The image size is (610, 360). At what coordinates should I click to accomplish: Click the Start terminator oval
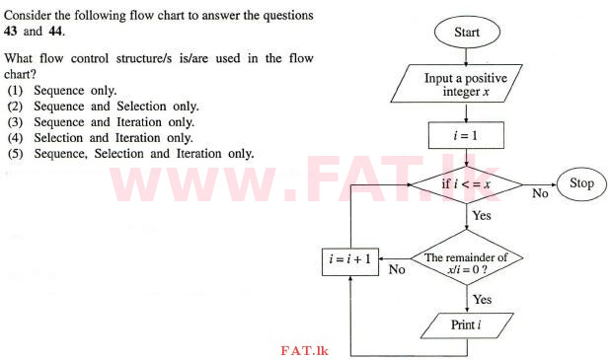467,31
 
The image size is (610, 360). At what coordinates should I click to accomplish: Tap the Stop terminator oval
581,183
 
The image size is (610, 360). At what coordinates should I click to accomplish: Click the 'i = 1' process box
467,134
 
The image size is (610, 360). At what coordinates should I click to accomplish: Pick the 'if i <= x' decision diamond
467,183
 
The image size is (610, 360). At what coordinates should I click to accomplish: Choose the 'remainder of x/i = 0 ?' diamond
467,261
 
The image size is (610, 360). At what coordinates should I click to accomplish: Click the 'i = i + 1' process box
352,261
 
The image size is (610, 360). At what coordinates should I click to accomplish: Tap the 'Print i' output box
467,324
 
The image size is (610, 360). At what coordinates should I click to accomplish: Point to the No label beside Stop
540,194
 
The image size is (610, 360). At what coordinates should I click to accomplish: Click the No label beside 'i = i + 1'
396,270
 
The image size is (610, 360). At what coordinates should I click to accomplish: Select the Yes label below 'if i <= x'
482,215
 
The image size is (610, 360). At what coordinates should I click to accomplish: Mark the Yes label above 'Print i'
482,300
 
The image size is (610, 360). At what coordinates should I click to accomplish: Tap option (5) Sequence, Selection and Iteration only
129,154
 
